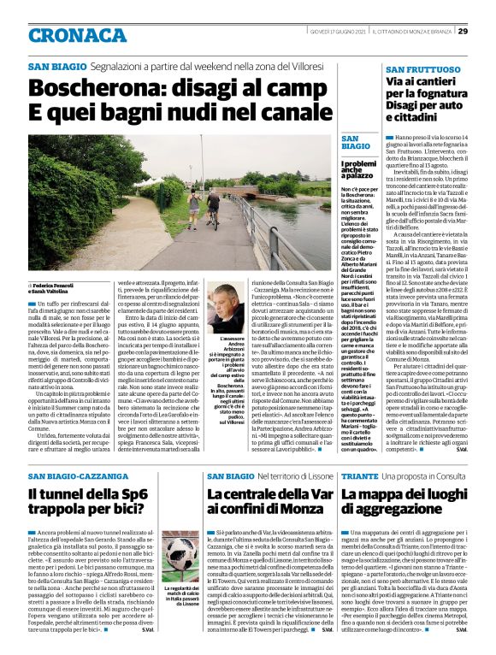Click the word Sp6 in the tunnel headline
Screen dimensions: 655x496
pyautogui.click(x=148, y=494)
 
